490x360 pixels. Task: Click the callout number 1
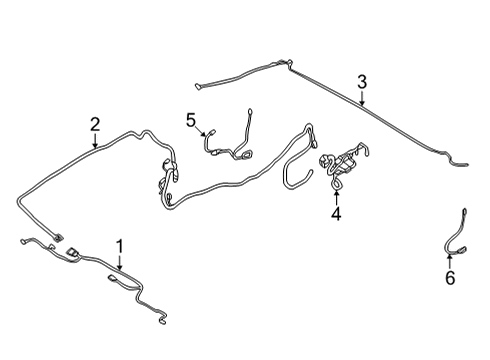[120, 245]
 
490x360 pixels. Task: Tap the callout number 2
[95, 124]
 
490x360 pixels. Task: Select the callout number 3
[362, 82]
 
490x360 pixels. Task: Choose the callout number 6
[450, 278]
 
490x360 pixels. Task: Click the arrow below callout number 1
[120, 264]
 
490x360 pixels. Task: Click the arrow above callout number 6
[450, 260]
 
